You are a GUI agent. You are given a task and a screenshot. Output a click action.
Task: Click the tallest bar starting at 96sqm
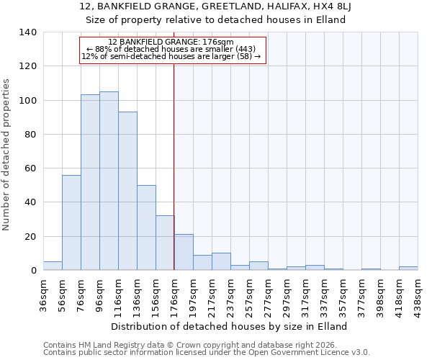(x=109, y=181)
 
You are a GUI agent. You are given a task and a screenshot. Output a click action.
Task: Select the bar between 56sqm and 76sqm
(x=71, y=222)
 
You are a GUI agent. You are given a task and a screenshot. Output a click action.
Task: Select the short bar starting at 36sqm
(x=53, y=266)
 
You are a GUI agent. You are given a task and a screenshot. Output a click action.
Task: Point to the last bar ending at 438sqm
(x=408, y=268)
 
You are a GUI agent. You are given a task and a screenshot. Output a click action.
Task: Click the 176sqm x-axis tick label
(x=174, y=294)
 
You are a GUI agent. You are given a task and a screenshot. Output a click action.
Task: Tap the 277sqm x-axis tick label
(x=268, y=294)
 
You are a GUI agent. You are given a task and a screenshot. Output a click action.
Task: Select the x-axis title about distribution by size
(x=230, y=326)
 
